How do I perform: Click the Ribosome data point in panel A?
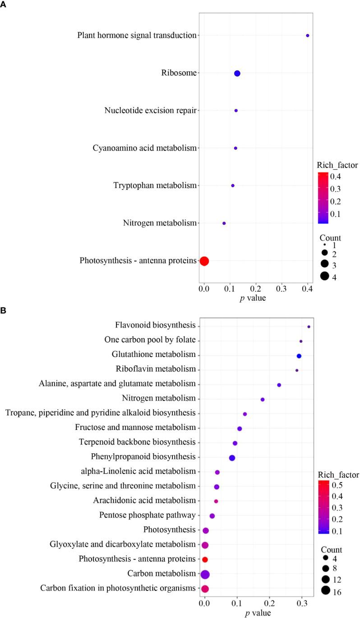237,74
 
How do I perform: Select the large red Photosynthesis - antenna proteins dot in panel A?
204,261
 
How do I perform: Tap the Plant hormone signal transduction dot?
308,35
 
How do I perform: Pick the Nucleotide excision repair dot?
236,111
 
